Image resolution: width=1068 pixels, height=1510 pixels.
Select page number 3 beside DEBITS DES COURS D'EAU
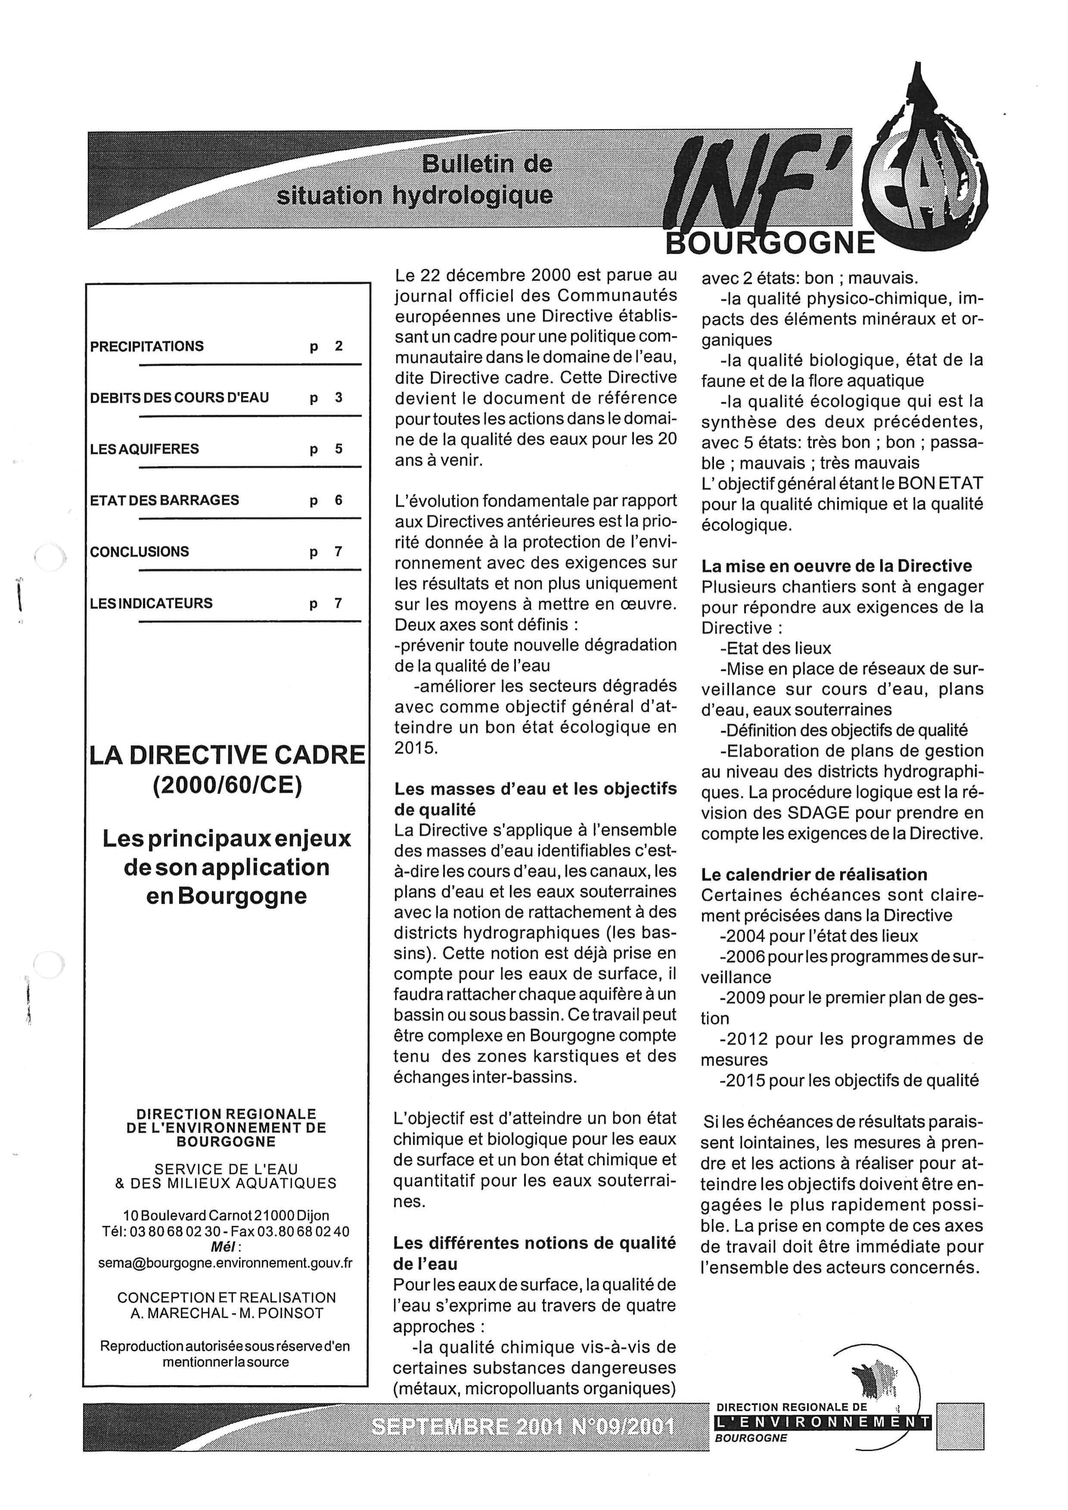point(338,397)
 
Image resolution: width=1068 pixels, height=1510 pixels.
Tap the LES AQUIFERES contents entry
point(144,449)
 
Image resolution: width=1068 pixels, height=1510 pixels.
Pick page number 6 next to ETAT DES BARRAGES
point(338,500)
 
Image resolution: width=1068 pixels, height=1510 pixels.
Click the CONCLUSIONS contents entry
point(140,552)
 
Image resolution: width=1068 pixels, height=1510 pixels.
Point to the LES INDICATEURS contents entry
point(151,603)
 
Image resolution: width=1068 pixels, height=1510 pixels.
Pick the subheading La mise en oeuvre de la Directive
point(836,566)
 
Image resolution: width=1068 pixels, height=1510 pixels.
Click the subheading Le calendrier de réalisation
point(814,874)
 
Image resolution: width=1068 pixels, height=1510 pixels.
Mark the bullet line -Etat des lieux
point(776,648)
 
